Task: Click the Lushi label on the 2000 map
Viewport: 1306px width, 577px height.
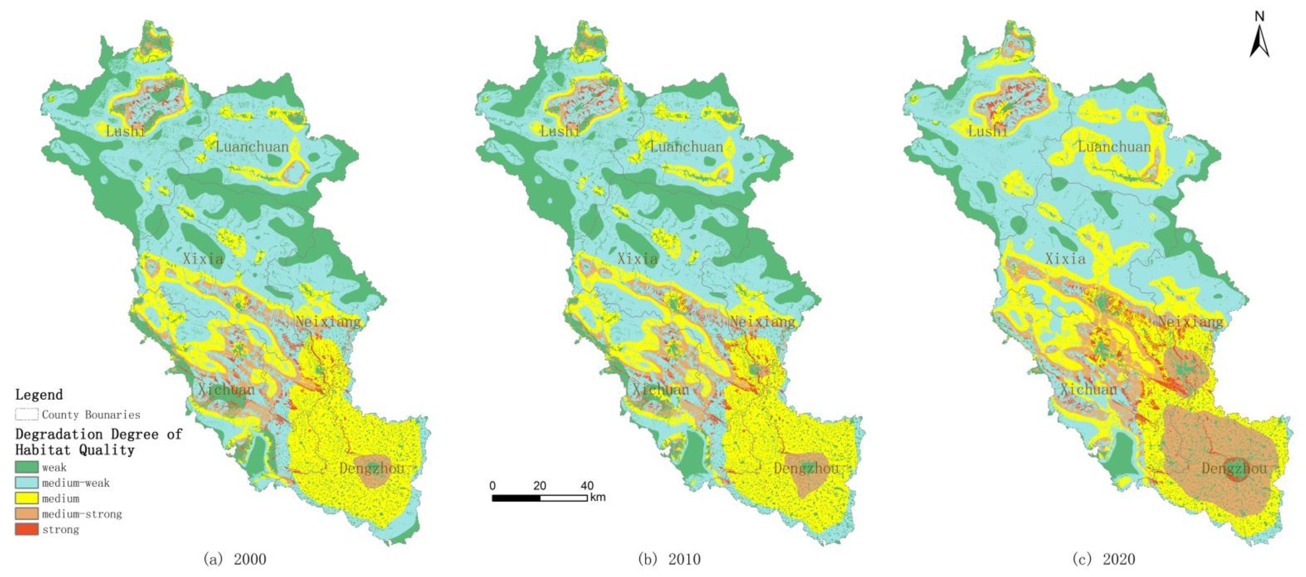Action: (x=125, y=131)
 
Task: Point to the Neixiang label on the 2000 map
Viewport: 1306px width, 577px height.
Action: (x=328, y=321)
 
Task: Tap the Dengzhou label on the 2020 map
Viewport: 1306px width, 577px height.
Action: (x=1234, y=468)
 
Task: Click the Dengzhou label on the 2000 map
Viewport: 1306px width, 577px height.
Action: (x=372, y=468)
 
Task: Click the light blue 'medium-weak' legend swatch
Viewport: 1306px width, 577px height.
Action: (x=26, y=483)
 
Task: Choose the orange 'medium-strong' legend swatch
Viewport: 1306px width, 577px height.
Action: (x=26, y=514)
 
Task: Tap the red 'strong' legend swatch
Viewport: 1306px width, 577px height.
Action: (x=26, y=529)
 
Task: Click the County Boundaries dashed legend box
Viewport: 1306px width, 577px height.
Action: (x=26, y=414)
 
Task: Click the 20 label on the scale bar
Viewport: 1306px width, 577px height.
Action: (x=540, y=486)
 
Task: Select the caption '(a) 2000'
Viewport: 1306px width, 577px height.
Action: (x=235, y=559)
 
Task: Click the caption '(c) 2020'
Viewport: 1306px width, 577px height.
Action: (x=1104, y=559)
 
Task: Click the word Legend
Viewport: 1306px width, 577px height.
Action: (x=39, y=394)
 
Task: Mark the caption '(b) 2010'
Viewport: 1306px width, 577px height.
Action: (x=669, y=559)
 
